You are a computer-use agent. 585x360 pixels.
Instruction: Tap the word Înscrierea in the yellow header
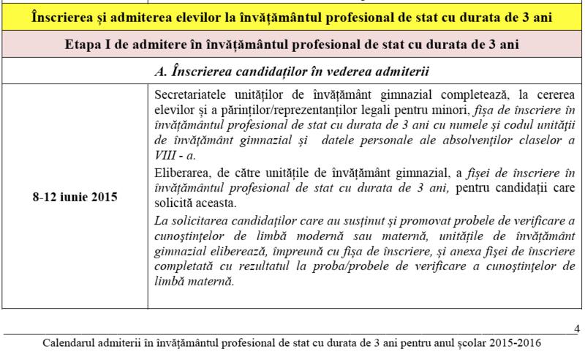point(65,15)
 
